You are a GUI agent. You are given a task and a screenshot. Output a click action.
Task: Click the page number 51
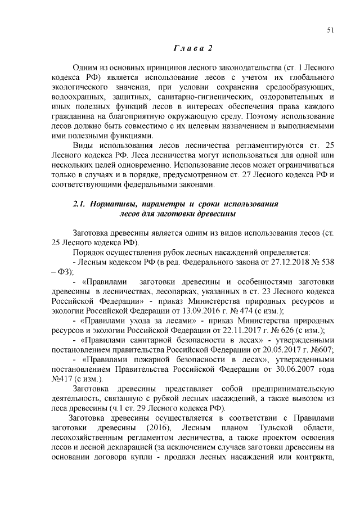click(331, 31)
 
